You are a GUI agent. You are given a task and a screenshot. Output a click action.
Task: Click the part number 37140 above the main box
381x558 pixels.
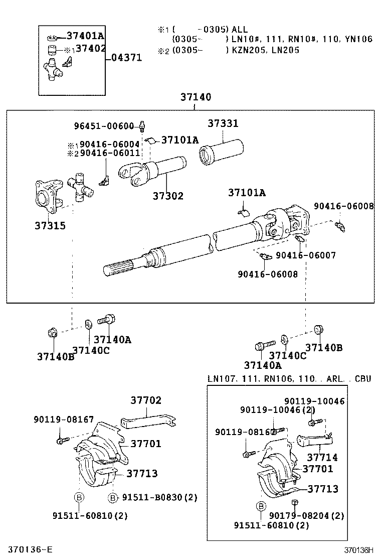coord(196,97)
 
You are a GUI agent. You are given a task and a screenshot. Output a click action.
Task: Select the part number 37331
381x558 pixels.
coord(223,123)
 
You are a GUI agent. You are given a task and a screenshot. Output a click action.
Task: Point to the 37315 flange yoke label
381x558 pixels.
coord(50,226)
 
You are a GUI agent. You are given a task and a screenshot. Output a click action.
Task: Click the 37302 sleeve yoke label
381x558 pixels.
coord(168,196)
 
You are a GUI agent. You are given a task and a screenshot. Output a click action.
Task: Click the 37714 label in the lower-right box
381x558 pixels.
coord(322,458)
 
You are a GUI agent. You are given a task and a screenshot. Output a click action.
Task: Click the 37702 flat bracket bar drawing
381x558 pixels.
coord(149,419)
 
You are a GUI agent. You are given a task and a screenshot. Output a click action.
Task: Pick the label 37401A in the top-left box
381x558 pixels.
coord(85,36)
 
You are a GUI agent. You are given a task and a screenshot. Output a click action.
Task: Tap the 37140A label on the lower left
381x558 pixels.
coord(112,340)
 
